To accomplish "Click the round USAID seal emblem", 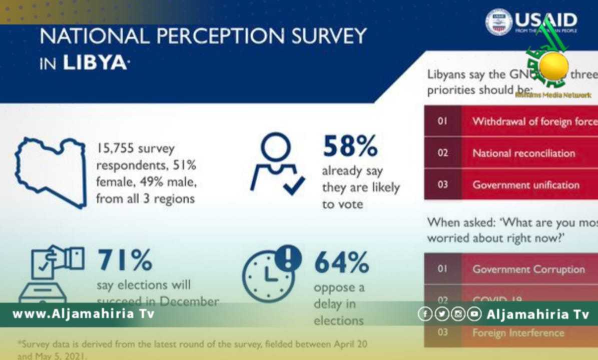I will pos(499,21).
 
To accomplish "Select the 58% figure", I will pos(350,146).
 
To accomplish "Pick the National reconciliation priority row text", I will pos(523,153).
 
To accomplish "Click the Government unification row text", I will pos(525,184).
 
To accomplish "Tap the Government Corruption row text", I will pos(528,269).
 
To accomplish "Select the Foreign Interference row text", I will pos(518,332).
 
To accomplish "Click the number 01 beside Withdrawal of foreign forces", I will pos(442,121).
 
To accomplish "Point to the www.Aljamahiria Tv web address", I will pos(83,314).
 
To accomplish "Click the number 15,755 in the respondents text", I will pos(116,148).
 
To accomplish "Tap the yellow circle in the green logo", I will pos(554,65).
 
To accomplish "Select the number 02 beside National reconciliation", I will pos(442,153).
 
